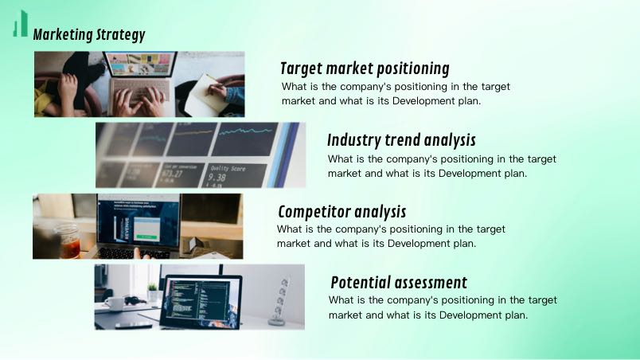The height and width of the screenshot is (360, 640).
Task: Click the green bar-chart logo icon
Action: tap(21, 24)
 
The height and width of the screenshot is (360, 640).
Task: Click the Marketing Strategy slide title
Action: tap(89, 35)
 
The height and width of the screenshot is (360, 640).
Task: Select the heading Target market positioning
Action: tap(365, 68)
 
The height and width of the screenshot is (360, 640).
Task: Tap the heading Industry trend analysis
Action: tap(402, 140)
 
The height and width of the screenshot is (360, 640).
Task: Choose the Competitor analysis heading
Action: tap(342, 212)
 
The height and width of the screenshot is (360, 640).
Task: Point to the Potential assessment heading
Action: tap(399, 283)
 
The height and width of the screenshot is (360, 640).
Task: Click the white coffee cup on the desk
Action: tap(115, 303)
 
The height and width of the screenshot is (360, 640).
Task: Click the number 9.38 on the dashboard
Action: tap(217, 178)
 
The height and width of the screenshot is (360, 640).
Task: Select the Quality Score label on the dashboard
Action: tap(228, 168)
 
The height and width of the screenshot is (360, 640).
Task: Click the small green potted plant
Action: tap(152, 292)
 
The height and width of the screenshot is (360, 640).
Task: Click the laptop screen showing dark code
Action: tap(201, 301)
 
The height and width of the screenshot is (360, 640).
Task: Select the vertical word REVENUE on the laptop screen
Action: tap(127, 228)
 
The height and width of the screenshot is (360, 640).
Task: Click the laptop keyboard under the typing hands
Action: tap(140, 92)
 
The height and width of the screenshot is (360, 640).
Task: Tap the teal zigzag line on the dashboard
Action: tap(246, 131)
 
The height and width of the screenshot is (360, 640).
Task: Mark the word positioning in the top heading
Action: tap(412, 69)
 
